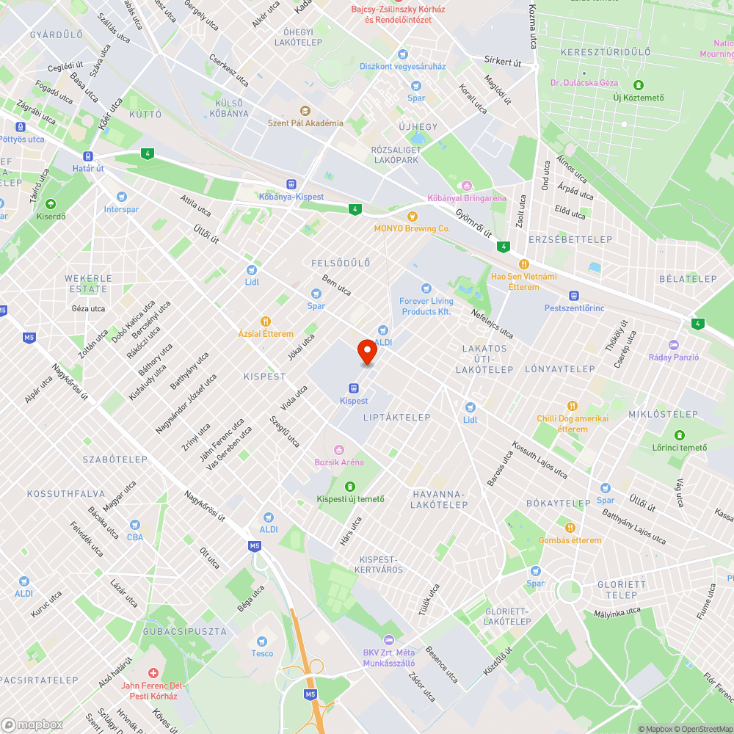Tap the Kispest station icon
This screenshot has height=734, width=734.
(354, 388)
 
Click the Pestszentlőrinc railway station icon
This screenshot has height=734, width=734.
(574, 295)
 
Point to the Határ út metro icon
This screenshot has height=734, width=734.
(87, 156)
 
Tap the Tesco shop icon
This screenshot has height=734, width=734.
(262, 641)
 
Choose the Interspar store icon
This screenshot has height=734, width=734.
(121, 197)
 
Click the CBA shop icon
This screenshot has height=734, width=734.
(134, 525)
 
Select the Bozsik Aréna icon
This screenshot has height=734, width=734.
(338, 449)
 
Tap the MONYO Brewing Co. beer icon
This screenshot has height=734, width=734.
(412, 216)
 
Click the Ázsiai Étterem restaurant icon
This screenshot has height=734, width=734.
(266, 321)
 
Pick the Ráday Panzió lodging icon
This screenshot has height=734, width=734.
(674, 345)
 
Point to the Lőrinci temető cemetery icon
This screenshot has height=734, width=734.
(679, 435)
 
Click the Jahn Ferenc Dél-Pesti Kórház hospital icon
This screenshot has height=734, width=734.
(153, 673)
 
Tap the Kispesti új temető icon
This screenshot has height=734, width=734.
(349, 486)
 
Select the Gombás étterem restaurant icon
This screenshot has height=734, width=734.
(570, 527)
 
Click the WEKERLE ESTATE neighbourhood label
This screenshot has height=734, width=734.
(88, 283)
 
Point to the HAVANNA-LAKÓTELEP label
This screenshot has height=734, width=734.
(439, 499)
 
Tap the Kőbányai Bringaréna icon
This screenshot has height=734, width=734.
(465, 185)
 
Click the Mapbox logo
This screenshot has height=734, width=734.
(32, 724)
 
